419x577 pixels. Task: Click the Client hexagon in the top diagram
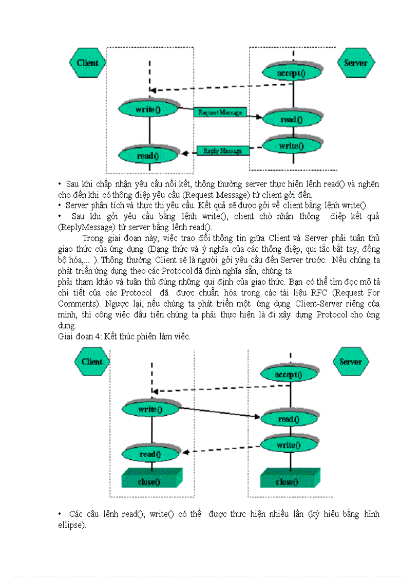[x=87, y=63]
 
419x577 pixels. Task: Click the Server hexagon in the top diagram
[x=355, y=63]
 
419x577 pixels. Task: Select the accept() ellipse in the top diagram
[x=291, y=73]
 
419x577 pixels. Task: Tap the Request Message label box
[x=220, y=112]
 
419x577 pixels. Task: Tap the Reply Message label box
[x=223, y=151]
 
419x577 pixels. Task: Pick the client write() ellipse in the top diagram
[x=148, y=109]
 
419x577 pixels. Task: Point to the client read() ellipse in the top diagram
[x=148, y=155]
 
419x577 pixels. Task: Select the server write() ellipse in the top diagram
[x=291, y=146]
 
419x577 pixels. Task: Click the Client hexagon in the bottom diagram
[x=92, y=362]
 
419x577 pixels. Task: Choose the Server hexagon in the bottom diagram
[x=351, y=362]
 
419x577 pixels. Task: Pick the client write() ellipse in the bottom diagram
[x=150, y=410]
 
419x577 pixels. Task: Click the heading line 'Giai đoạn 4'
[x=123, y=337]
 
